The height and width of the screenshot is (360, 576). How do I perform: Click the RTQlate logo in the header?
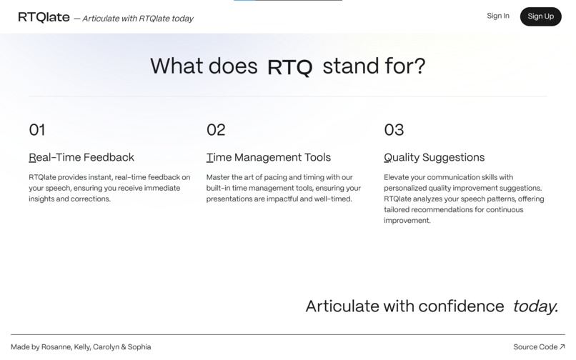44,18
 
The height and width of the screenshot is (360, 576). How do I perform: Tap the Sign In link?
497,16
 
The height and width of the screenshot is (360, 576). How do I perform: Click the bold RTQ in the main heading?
289,68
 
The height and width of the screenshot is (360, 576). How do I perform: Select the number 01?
37,129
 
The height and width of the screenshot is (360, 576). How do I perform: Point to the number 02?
216,129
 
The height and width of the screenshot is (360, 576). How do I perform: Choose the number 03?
394,129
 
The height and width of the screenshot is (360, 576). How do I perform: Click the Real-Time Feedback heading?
81,157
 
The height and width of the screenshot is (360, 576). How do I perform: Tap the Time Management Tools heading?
269,157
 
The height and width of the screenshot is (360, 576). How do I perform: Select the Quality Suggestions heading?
434,157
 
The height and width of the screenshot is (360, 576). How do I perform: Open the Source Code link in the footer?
535,347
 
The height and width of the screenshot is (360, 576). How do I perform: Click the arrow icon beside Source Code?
562,347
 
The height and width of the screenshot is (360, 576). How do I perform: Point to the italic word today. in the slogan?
535,306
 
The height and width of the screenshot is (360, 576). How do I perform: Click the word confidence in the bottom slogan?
461,306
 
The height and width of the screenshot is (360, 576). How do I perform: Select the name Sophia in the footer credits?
139,347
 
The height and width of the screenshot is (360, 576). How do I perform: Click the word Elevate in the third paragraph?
397,177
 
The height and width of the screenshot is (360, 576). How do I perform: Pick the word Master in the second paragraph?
219,177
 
